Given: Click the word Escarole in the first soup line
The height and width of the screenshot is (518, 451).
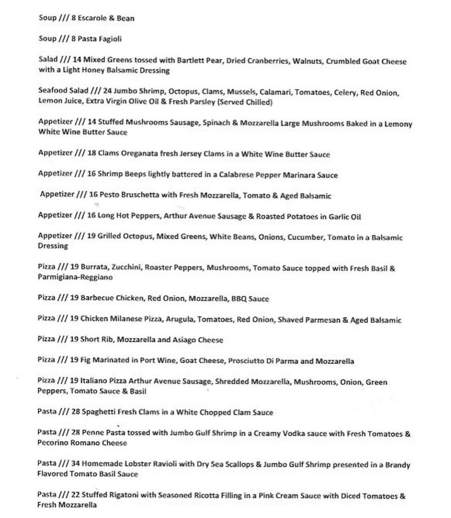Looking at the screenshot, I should [x=92, y=18].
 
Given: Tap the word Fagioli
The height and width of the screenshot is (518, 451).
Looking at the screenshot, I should [x=110, y=39].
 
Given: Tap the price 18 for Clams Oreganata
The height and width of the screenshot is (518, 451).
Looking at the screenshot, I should [x=91, y=153].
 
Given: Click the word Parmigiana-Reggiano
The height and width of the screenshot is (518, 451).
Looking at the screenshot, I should [x=75, y=277].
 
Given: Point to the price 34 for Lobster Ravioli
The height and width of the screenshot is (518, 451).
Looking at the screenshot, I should [x=75, y=464].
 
